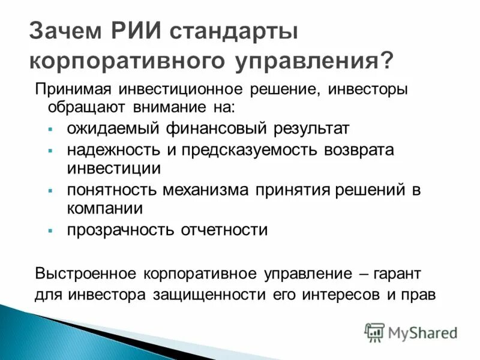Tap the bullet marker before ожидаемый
50,130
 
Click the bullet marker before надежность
50,151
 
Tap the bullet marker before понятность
50,191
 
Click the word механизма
202,190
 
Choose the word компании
104,209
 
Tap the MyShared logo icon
374,332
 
